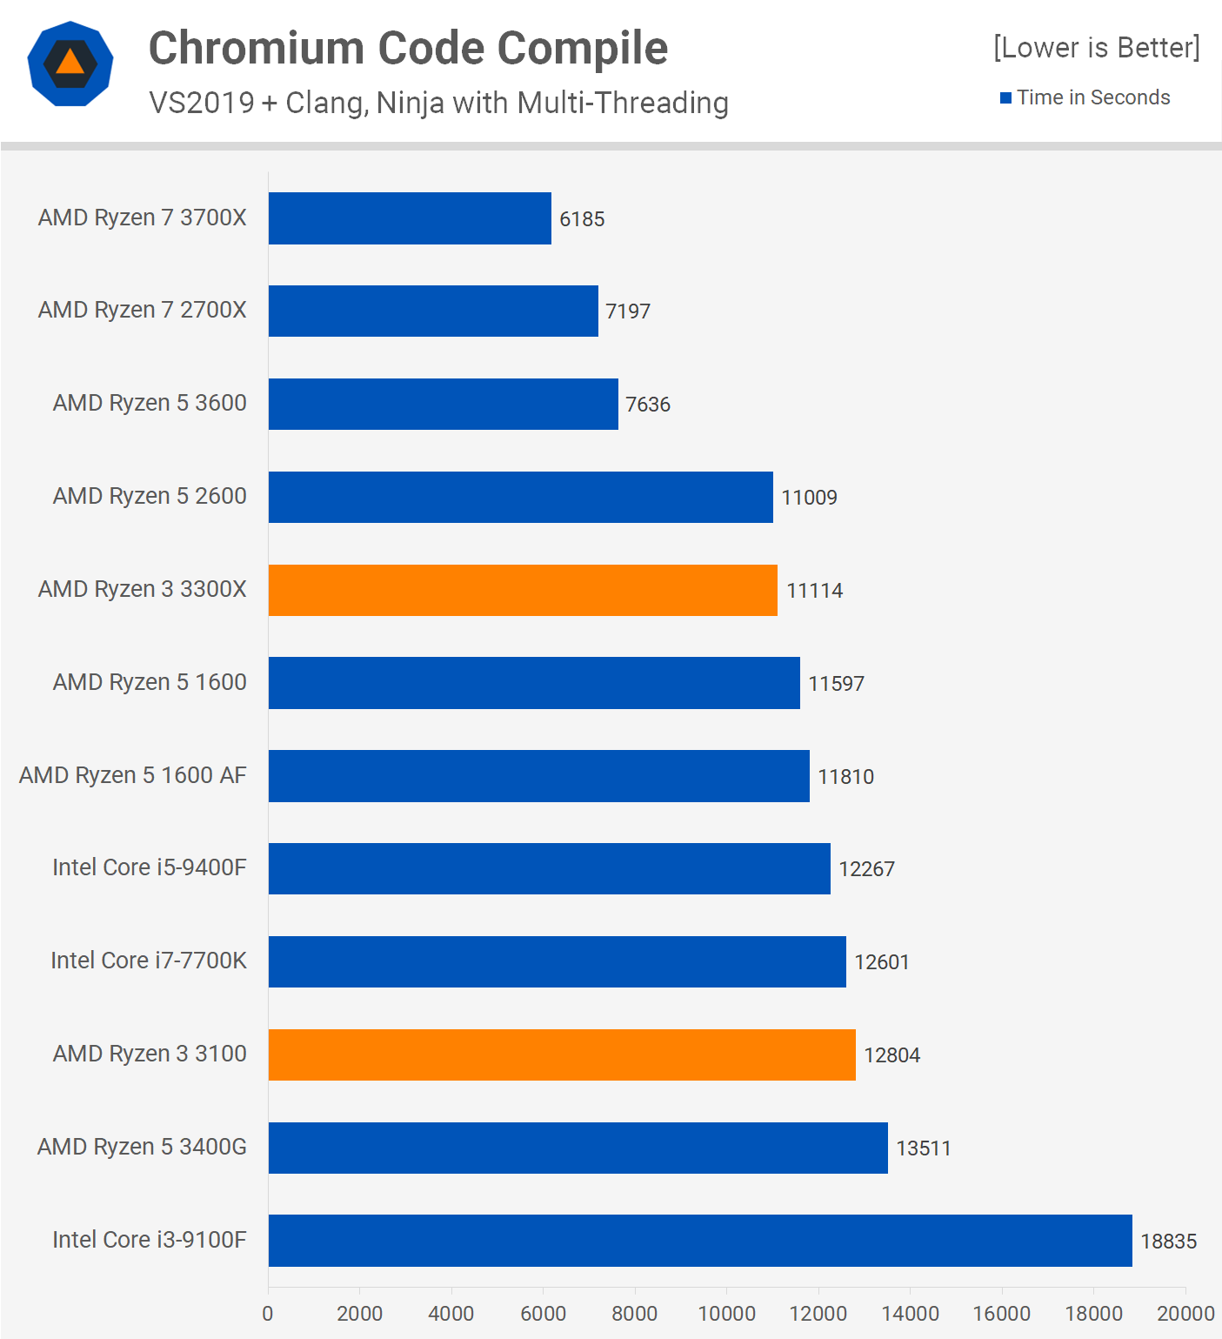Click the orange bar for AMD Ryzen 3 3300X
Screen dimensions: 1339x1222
click(x=523, y=590)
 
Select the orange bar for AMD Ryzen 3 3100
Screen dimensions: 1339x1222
click(x=562, y=1054)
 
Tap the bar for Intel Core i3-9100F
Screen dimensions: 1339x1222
click(x=700, y=1241)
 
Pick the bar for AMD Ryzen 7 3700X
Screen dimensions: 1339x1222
click(x=410, y=218)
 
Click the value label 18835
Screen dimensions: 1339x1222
click(x=1168, y=1242)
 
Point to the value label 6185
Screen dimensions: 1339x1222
click(x=582, y=219)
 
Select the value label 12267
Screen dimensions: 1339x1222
click(x=866, y=869)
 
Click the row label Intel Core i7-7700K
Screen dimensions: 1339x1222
click(x=149, y=961)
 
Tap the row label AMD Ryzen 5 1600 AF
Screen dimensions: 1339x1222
click(x=133, y=775)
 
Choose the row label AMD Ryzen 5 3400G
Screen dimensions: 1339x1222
click(x=142, y=1147)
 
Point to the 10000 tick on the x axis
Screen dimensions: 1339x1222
click(x=726, y=1314)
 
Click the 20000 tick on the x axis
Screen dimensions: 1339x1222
click(x=1185, y=1314)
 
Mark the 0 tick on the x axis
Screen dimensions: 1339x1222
click(x=268, y=1314)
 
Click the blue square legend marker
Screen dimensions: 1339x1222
click(x=1005, y=98)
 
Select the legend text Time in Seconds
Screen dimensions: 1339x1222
click(x=1093, y=97)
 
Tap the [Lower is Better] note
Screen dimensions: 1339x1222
click(x=1096, y=48)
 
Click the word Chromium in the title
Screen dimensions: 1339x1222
click(x=257, y=48)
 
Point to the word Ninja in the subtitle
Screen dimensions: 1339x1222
click(x=411, y=104)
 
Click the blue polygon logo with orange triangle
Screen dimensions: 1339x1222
click(x=70, y=64)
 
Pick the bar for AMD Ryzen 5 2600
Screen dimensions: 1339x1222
click(x=520, y=497)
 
